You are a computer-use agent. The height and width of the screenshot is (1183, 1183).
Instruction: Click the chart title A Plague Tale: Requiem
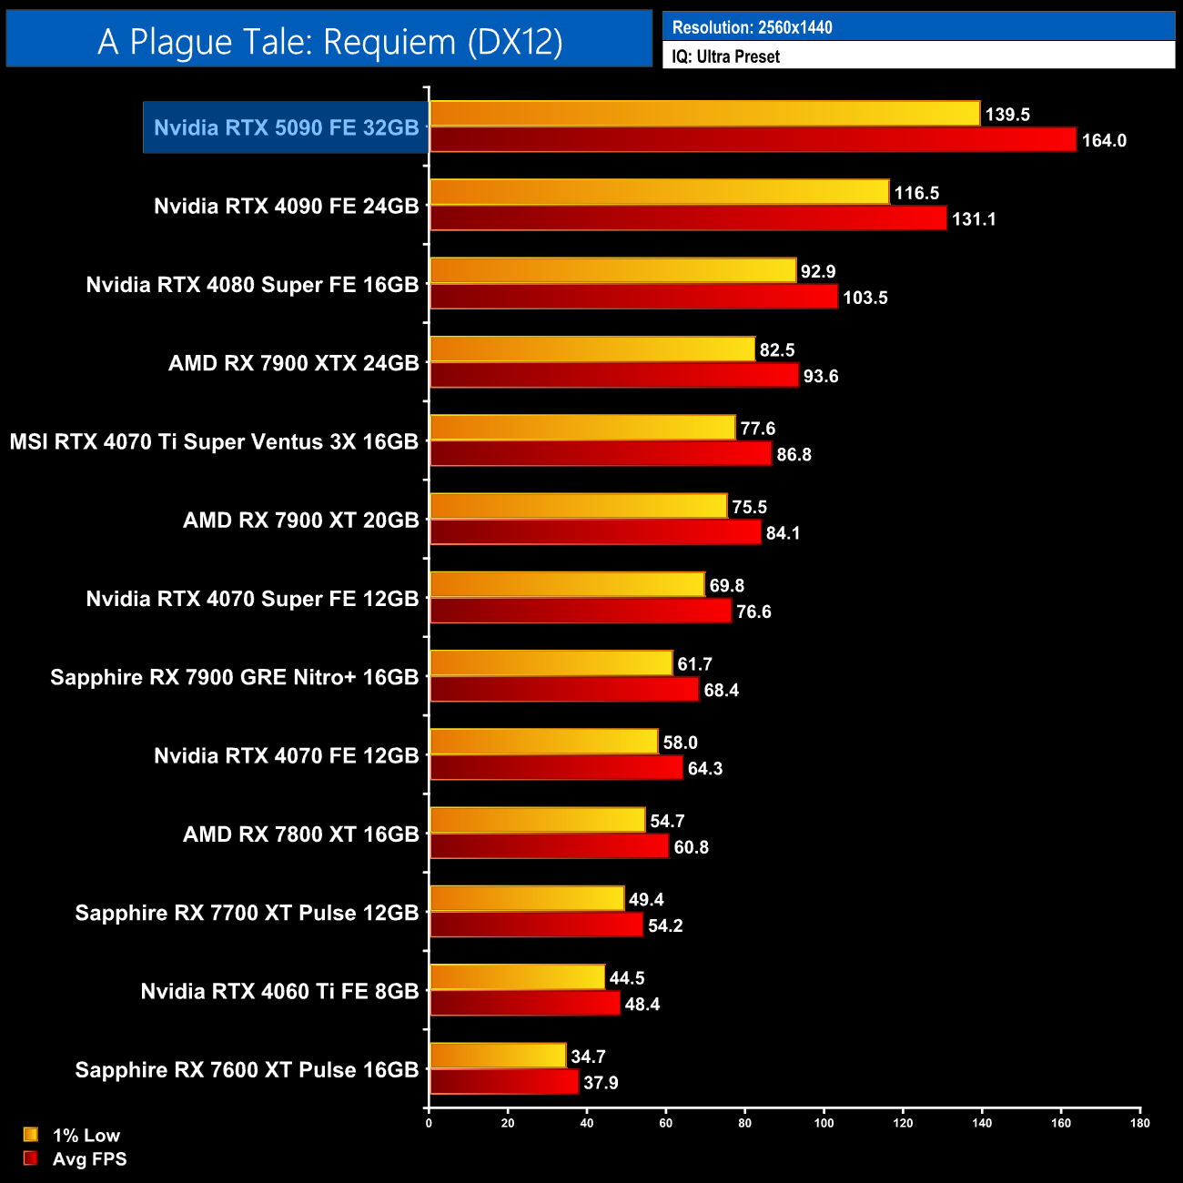[x=329, y=41]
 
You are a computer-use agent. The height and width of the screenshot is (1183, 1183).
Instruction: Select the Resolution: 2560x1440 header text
[x=752, y=27]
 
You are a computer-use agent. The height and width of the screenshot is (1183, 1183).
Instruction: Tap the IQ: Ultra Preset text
[x=725, y=56]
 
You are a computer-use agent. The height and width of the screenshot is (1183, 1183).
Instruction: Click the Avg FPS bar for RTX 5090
[x=753, y=140]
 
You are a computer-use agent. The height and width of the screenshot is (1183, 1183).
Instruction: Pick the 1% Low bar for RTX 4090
[x=659, y=192]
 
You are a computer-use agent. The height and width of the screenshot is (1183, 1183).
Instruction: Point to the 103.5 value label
[x=864, y=298]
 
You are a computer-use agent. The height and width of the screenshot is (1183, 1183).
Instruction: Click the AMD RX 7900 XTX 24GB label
[x=293, y=363]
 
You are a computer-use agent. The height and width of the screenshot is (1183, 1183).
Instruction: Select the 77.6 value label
[x=757, y=429]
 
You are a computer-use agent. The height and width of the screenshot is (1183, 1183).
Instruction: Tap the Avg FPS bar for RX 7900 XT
[x=595, y=532]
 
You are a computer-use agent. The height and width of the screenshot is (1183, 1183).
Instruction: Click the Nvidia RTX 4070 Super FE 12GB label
[x=252, y=599]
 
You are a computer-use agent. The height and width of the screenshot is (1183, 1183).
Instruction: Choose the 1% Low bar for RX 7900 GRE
[x=551, y=663]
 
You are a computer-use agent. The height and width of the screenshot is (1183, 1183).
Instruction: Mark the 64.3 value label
[x=704, y=769]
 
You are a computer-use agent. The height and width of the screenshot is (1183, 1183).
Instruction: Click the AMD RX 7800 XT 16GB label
[x=300, y=834]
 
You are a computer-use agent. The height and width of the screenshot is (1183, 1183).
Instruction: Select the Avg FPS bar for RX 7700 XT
[x=536, y=925]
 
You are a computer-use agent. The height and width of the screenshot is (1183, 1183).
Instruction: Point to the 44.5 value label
[x=626, y=978]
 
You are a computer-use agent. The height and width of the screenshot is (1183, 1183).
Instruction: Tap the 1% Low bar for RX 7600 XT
[x=498, y=1056]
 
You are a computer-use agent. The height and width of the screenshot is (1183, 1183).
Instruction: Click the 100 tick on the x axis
[x=824, y=1123]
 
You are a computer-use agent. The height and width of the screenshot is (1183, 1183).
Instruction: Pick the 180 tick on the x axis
[x=1139, y=1123]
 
